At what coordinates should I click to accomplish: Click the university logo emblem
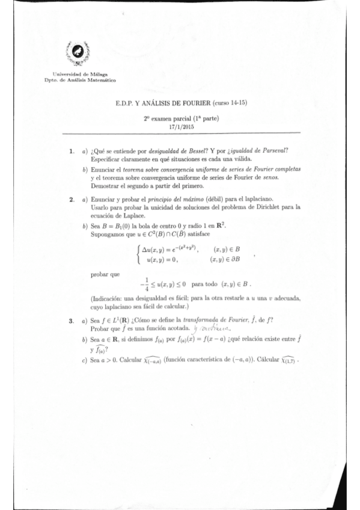pos(77,55)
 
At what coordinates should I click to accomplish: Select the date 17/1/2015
pos(180,126)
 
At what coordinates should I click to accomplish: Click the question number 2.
pos(71,198)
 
